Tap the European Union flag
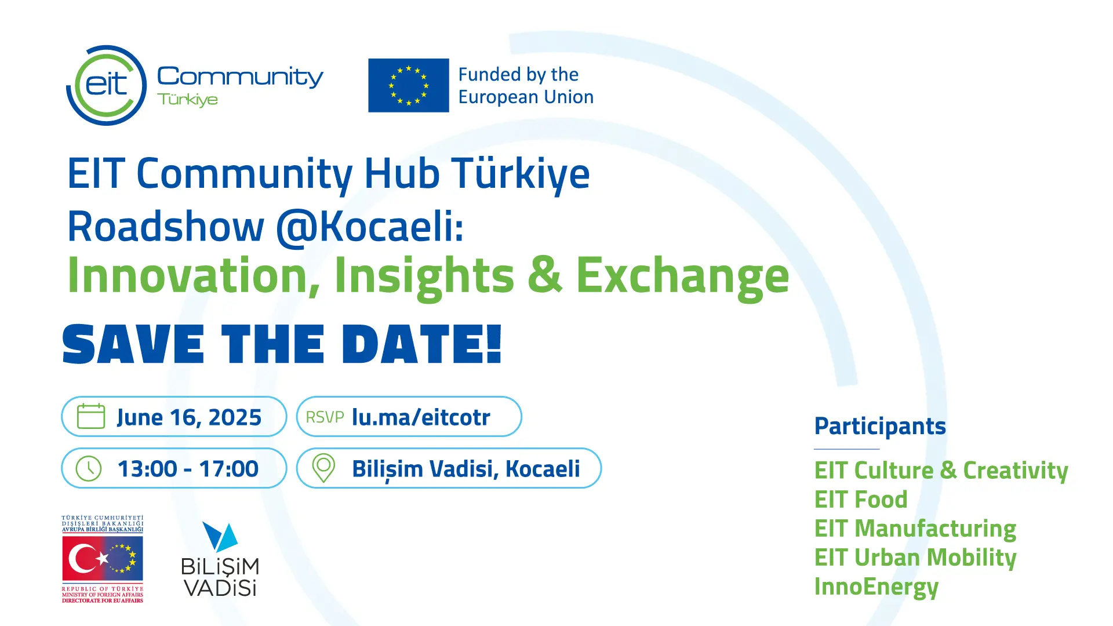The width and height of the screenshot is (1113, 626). click(x=409, y=85)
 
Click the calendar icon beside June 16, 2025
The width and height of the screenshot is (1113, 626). click(x=91, y=416)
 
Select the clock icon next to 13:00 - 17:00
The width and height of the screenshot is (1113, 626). click(x=89, y=468)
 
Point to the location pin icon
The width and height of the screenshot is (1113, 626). click(x=323, y=468)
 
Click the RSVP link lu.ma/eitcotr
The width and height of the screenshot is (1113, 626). click(x=421, y=417)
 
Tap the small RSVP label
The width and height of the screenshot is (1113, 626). click(x=325, y=417)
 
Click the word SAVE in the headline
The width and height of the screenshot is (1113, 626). click(x=133, y=344)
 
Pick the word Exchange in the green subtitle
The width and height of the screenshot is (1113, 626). click(x=682, y=276)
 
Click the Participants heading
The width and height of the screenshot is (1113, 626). click(x=880, y=427)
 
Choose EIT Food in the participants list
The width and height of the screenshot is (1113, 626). click(x=861, y=500)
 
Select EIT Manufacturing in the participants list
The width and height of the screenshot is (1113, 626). click(x=915, y=529)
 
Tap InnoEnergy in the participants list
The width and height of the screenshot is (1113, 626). click(x=876, y=587)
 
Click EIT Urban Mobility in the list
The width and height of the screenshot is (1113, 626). click(x=915, y=558)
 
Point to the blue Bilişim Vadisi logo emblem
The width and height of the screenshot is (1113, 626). click(x=220, y=537)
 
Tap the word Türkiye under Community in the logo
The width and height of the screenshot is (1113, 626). click(x=187, y=100)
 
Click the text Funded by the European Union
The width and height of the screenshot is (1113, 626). click(x=526, y=86)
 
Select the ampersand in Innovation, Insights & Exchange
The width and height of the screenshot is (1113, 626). click(x=545, y=275)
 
